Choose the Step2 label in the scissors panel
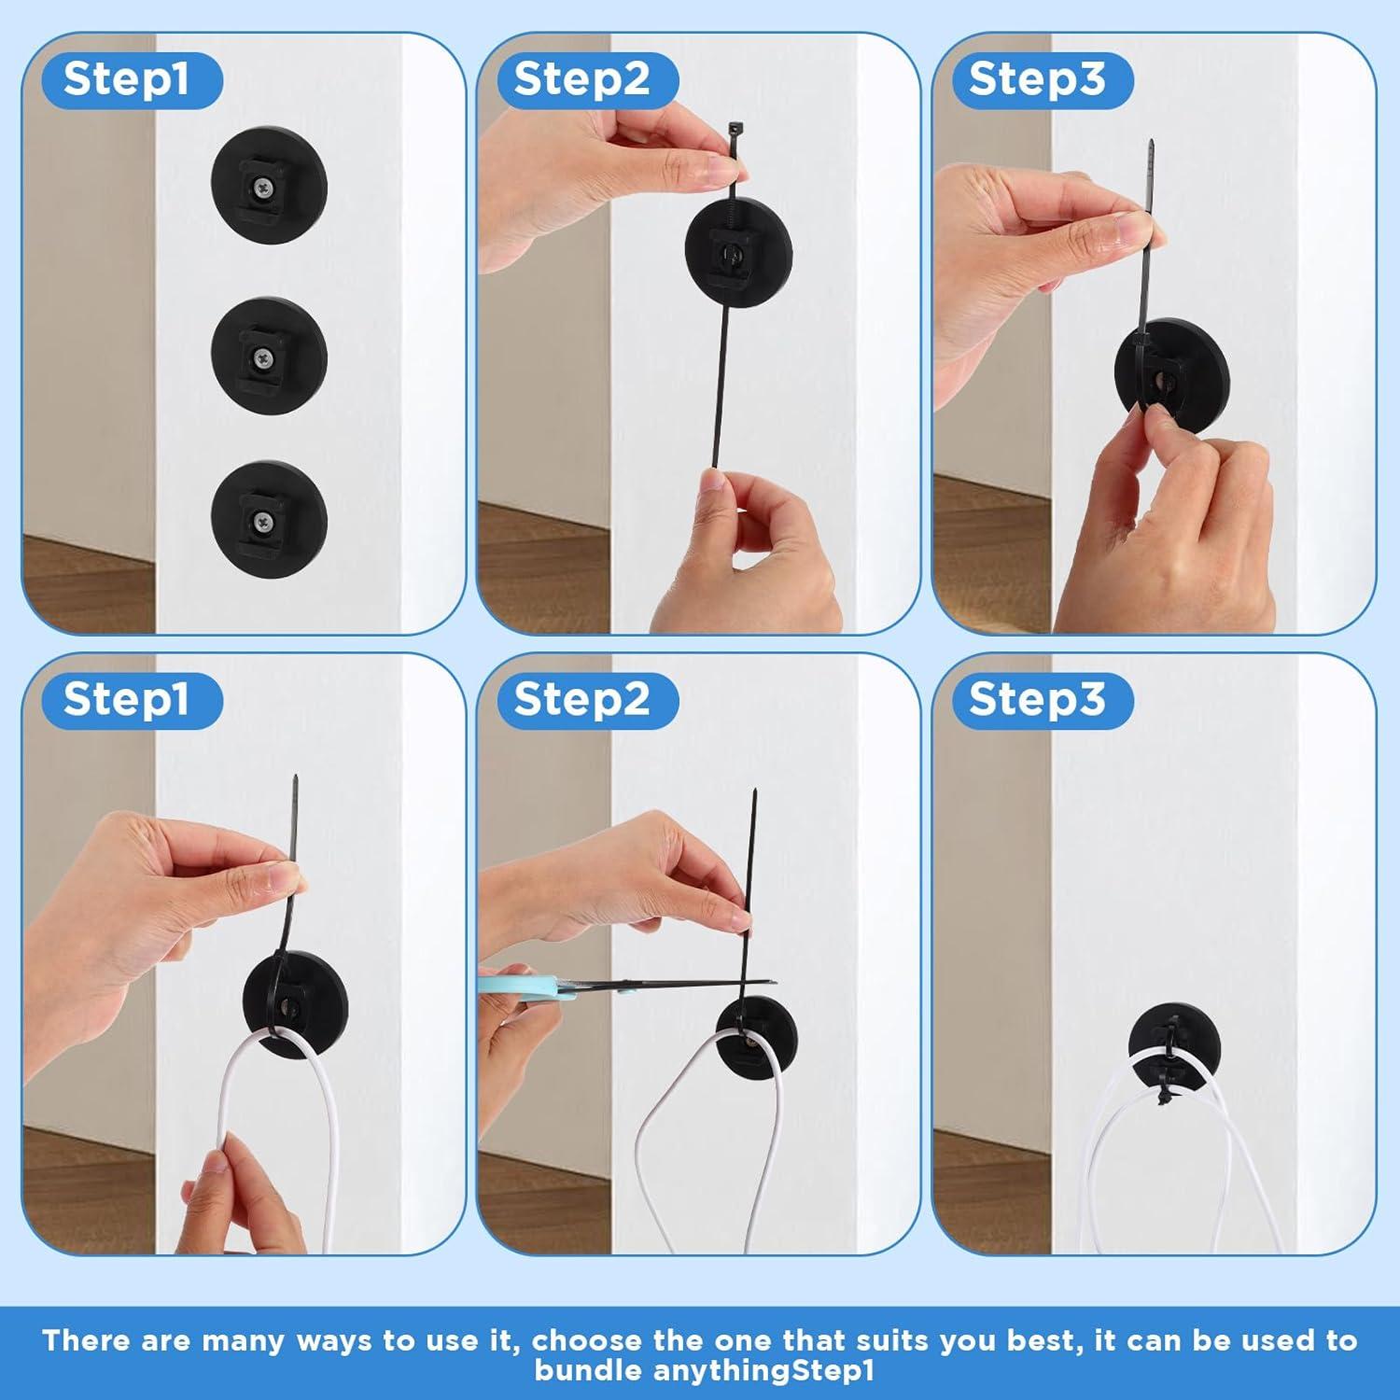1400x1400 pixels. pyautogui.click(x=581, y=699)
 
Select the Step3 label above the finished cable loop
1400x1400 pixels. pyautogui.click(x=1037, y=699)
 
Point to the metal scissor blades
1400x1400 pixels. pyautogui.click(x=672, y=983)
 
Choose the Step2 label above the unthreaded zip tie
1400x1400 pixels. pyautogui.click(x=581, y=79)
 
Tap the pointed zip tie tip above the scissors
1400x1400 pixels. pyautogui.click(x=753, y=799)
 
